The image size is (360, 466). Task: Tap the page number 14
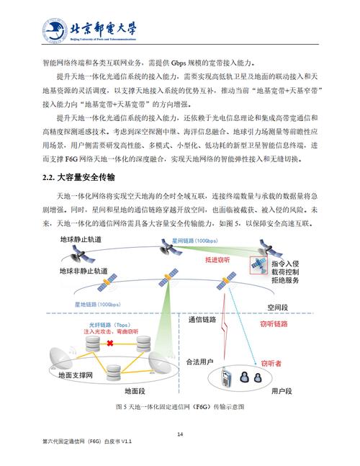coord(180,434)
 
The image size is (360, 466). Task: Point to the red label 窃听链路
coord(273,324)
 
